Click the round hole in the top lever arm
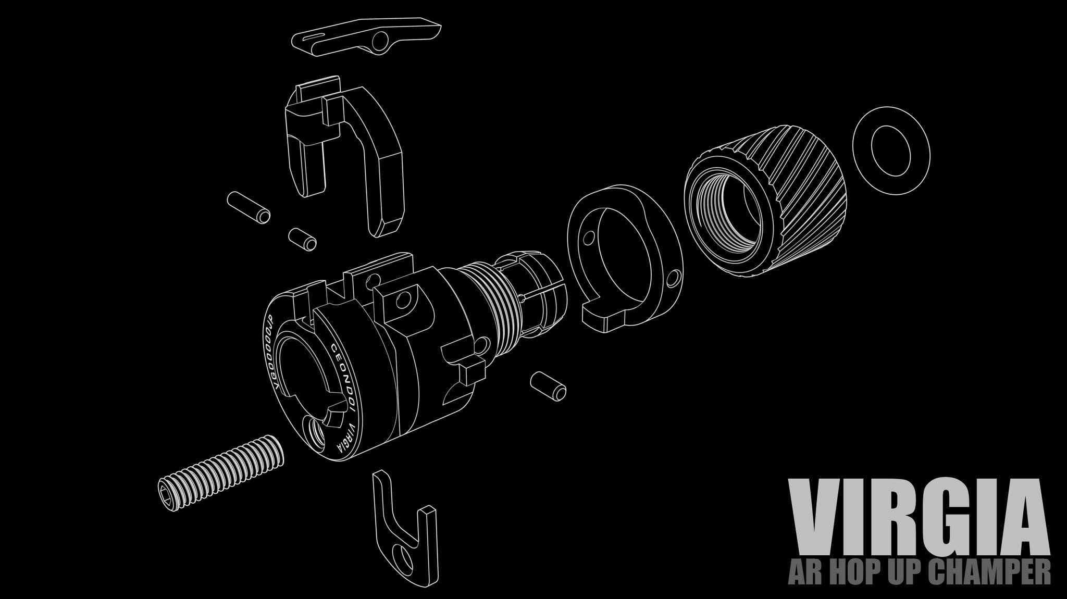point(381,39)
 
